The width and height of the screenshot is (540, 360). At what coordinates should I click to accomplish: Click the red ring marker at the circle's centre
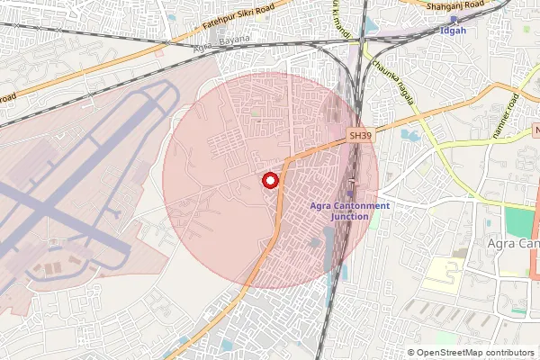pyautogui.click(x=269, y=181)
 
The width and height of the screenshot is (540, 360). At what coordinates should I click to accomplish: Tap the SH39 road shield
pyautogui.click(x=360, y=136)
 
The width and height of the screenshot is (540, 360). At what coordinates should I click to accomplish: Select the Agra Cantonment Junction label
pyautogui.click(x=349, y=211)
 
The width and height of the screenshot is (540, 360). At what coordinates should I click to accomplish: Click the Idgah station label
pyautogui.click(x=454, y=31)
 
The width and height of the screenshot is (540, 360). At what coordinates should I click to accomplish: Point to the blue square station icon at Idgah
pyautogui.click(x=454, y=18)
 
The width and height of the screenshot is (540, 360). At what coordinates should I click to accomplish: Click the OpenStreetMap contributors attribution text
pyautogui.click(x=476, y=353)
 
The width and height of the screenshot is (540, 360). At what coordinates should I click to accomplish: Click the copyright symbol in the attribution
pyautogui.click(x=411, y=353)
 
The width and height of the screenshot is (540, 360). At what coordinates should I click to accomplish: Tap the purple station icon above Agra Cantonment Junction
pyautogui.click(x=350, y=193)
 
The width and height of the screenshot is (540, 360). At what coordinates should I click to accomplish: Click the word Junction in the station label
pyautogui.click(x=349, y=217)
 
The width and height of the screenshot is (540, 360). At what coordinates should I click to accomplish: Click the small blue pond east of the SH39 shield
pyautogui.click(x=409, y=135)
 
